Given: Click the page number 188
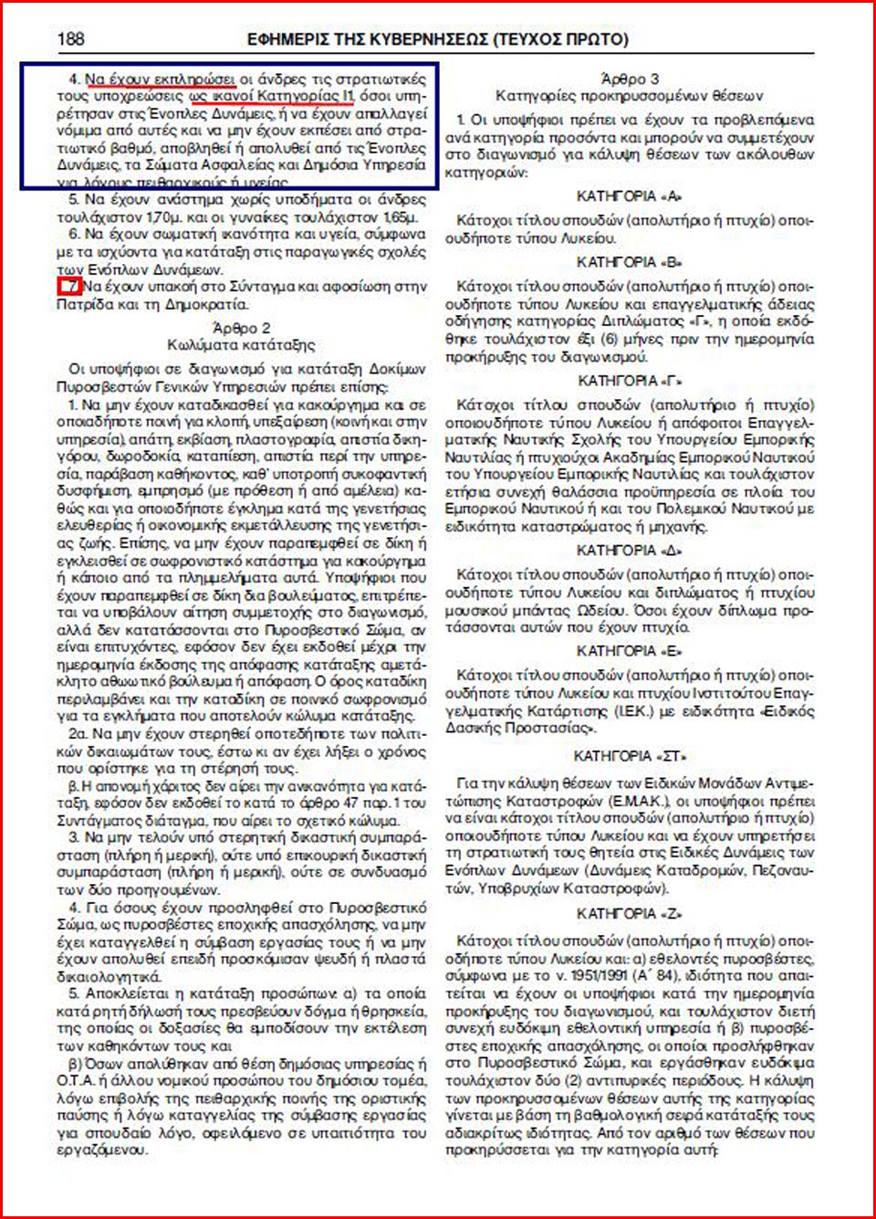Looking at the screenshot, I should pyautogui.click(x=70, y=39).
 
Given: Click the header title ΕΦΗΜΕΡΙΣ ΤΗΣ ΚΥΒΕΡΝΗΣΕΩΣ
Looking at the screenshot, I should pyautogui.click(x=369, y=40).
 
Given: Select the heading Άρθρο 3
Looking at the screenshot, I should pyautogui.click(x=630, y=79).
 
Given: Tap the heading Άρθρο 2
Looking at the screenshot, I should pyautogui.click(x=241, y=328).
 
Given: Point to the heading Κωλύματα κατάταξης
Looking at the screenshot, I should pyautogui.click(x=241, y=345).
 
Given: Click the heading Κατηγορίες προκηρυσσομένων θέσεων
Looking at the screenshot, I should pyautogui.click(x=630, y=96).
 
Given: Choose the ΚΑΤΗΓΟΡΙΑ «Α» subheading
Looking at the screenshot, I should pyautogui.click(x=630, y=196).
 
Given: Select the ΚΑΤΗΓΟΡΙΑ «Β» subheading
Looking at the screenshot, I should pyautogui.click(x=630, y=262).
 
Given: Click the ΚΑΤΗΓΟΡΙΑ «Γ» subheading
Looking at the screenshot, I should pyautogui.click(x=630, y=381).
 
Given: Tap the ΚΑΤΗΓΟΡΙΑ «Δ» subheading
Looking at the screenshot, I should pyautogui.click(x=630, y=551).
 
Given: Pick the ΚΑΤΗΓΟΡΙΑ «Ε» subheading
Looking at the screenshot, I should pyautogui.click(x=630, y=651).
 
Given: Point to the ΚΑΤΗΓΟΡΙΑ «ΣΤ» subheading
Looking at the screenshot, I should pyautogui.click(x=630, y=756).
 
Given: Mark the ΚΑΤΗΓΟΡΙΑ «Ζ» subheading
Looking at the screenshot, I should pyautogui.click(x=630, y=914).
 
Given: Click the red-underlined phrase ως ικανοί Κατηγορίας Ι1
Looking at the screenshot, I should pyautogui.click(x=271, y=96).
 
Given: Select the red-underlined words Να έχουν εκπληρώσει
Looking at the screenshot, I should pyautogui.click(x=160, y=79).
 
